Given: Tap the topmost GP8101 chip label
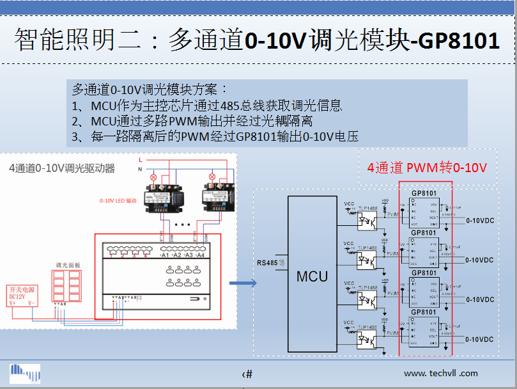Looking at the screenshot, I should [x=424, y=193].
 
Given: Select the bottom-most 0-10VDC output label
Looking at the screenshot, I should [x=479, y=339].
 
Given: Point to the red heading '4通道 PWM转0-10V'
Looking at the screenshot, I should [x=427, y=168].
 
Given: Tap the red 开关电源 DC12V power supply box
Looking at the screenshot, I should [x=22, y=296].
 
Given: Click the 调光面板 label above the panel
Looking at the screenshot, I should [x=66, y=264].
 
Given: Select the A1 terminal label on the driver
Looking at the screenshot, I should [x=165, y=255].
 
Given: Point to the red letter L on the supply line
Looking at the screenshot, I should [x=139, y=159].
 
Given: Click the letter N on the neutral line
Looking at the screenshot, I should [x=139, y=169].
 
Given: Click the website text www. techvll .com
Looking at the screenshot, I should [x=440, y=373].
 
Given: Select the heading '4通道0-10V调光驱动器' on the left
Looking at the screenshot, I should [x=62, y=168].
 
